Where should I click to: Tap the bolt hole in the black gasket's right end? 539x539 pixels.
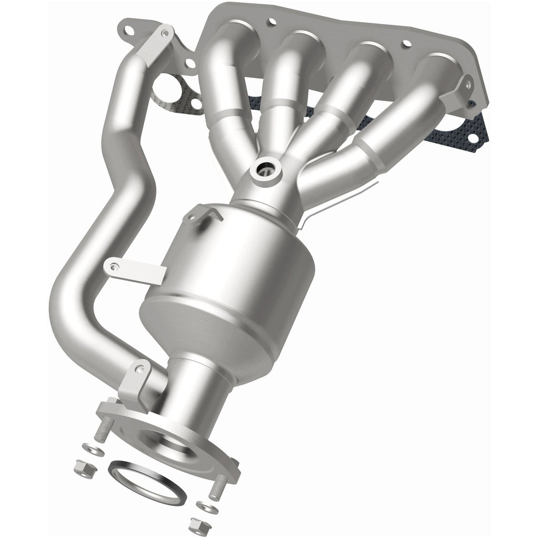tap(472, 137)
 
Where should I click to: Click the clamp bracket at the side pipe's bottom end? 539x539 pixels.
tap(132, 385)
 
